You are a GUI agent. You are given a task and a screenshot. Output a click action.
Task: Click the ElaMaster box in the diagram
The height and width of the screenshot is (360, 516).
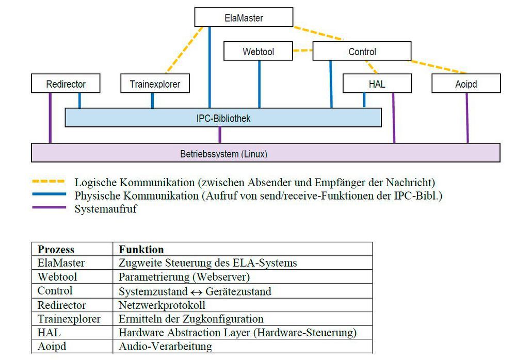244,18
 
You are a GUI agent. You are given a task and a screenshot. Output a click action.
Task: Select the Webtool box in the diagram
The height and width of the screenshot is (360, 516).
258,52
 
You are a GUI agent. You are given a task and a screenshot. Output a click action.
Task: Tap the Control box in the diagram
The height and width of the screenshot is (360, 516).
362,52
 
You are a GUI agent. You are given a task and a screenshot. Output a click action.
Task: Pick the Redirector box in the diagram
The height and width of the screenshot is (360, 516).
66,84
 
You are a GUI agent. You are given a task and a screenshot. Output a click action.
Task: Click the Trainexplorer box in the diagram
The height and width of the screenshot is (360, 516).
155,84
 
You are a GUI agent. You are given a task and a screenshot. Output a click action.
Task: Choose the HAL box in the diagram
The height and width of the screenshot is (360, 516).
377,84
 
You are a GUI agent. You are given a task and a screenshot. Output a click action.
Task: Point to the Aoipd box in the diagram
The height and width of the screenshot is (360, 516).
466,84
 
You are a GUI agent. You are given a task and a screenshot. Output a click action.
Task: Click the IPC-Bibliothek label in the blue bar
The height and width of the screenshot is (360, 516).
223,118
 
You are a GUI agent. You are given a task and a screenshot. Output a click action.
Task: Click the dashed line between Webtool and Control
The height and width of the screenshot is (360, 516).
303,51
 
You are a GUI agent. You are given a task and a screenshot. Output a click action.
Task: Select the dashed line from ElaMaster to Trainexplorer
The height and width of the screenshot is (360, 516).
184,50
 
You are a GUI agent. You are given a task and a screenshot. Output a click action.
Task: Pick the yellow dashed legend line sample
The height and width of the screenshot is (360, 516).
49,182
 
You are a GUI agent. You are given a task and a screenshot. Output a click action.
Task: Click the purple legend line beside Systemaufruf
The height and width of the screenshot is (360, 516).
49,207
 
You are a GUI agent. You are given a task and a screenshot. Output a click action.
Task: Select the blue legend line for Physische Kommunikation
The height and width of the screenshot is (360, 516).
49,194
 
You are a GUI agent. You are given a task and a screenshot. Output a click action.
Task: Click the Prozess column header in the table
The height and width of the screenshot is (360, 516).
56,249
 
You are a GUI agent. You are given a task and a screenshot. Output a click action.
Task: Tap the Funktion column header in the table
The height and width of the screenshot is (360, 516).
141,249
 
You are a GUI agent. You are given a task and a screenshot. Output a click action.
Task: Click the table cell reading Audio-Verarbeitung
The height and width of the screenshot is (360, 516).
165,346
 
